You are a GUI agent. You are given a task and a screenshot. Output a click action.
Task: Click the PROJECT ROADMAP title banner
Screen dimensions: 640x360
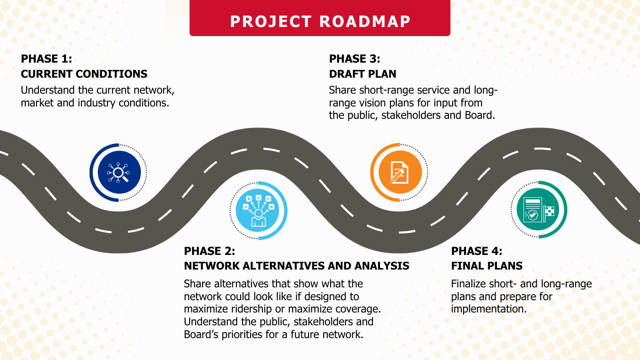point(320,18)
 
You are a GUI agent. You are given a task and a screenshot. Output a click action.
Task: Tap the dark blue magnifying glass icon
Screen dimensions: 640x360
point(119,172)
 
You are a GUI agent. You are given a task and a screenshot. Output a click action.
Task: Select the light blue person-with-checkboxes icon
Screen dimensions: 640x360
point(258,211)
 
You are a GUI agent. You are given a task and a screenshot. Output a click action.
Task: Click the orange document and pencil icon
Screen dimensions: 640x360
point(400,172)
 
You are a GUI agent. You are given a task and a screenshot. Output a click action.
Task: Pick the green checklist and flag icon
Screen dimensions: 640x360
point(539,210)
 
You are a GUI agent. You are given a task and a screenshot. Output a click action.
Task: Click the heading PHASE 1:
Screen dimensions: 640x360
point(47,59)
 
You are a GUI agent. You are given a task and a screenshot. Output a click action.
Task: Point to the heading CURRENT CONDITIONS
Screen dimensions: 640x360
point(84,74)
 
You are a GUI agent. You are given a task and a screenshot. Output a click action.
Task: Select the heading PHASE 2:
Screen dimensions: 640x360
point(209,251)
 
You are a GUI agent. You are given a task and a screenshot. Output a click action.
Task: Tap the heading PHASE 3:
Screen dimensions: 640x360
point(355,59)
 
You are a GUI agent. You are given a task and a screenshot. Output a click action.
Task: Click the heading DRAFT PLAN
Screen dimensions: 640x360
point(363,74)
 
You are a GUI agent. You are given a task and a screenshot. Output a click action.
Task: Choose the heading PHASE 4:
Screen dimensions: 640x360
point(476,251)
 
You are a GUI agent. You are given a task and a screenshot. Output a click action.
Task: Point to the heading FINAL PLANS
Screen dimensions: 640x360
point(487,266)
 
